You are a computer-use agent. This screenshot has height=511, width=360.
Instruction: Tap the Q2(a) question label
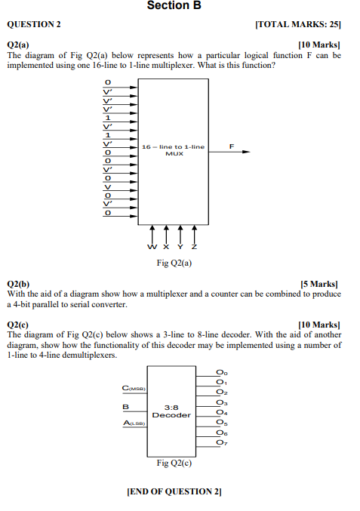19,45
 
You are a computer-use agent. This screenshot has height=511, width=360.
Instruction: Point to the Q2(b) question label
19,283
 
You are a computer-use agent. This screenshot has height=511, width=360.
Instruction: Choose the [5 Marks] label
320,283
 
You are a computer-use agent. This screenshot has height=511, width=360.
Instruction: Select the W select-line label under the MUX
152,247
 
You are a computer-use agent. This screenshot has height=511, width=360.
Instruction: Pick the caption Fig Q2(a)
174,263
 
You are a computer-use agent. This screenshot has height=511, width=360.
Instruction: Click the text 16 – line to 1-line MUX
174,149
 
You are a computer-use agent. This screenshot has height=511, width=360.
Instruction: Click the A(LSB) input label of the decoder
134,424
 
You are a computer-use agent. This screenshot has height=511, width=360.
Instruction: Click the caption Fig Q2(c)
174,463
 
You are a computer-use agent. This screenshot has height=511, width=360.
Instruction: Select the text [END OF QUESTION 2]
174,491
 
